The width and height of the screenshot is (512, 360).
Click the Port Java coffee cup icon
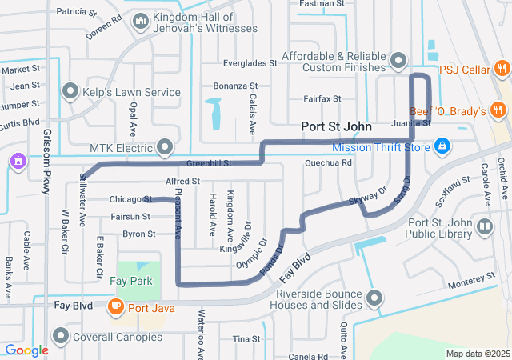coord(115,306)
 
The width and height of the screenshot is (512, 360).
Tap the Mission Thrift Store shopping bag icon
coord(441,146)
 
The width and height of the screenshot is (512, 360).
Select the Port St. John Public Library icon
coord(484,227)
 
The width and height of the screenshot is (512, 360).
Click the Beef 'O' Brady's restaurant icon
coord(499,110)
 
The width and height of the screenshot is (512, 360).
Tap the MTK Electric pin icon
coord(165,147)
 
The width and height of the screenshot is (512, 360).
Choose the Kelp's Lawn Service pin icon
coord(70,91)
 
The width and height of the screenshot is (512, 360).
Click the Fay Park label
coord(136,282)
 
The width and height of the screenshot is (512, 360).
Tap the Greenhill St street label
coord(209,163)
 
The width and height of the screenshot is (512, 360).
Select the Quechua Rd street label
coord(328,163)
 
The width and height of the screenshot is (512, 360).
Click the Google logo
coord(26,350)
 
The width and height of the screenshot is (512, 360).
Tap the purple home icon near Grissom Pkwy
coord(16,162)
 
